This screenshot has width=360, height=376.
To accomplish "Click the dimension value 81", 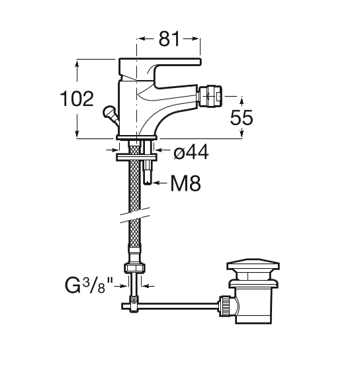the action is (x=169, y=39).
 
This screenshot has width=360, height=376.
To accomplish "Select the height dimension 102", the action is (x=77, y=99).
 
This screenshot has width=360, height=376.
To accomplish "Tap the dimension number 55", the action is (x=242, y=118).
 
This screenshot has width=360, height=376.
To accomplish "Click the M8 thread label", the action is (x=185, y=183).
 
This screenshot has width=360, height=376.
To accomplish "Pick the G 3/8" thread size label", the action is (x=89, y=285).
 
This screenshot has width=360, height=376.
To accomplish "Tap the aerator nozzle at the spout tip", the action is (x=210, y=97).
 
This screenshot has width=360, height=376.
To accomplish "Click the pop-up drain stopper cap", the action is (x=253, y=263).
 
